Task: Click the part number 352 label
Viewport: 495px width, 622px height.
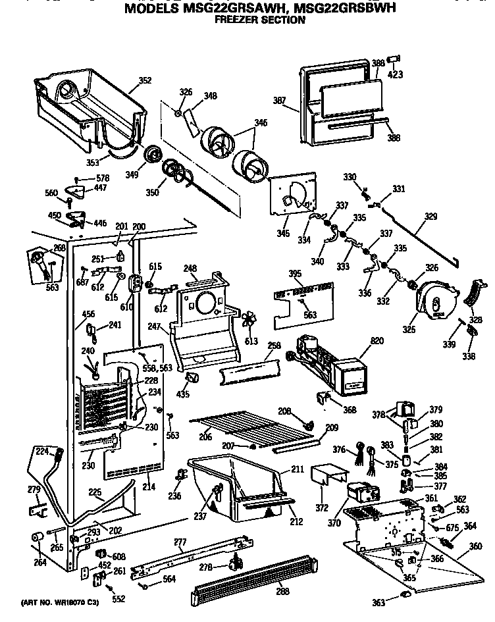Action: pyautogui.click(x=145, y=81)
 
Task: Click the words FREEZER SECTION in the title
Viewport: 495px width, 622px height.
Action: pyautogui.click(x=260, y=20)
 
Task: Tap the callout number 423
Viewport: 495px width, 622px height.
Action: pyautogui.click(x=395, y=74)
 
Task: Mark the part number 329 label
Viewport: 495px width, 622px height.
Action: pyautogui.click(x=430, y=217)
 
